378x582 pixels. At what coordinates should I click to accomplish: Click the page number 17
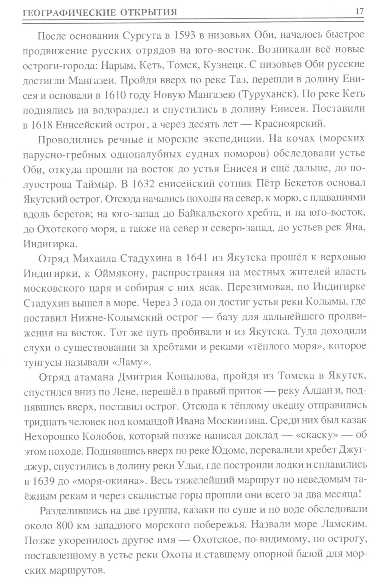point(359,11)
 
